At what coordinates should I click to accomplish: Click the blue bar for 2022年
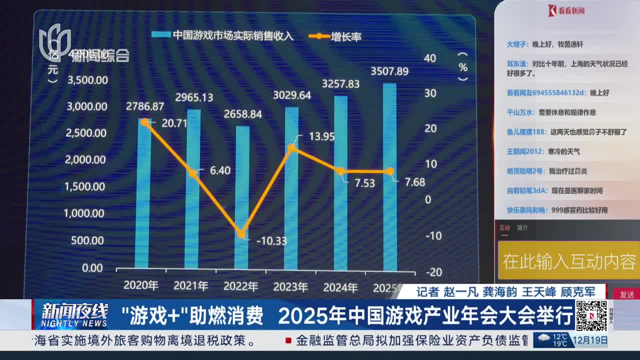pyautogui.click(x=241, y=200)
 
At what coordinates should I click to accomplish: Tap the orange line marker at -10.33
pyautogui.click(x=241, y=233)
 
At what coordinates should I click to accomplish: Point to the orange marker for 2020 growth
pyautogui.click(x=144, y=121)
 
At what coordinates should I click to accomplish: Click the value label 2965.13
pyautogui.click(x=194, y=97)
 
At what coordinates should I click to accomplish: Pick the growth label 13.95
pyautogui.click(x=321, y=136)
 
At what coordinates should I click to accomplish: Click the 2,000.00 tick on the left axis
pyautogui.click(x=86, y=159)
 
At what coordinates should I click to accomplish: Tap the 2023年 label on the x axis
pyautogui.click(x=290, y=286)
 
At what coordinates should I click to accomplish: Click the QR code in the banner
pyautogui.click(x=591, y=316)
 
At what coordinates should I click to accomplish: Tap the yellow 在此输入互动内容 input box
pyautogui.click(x=569, y=260)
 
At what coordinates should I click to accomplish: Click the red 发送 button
pyautogui.click(x=626, y=294)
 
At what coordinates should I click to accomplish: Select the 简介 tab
pyautogui.click(x=522, y=227)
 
